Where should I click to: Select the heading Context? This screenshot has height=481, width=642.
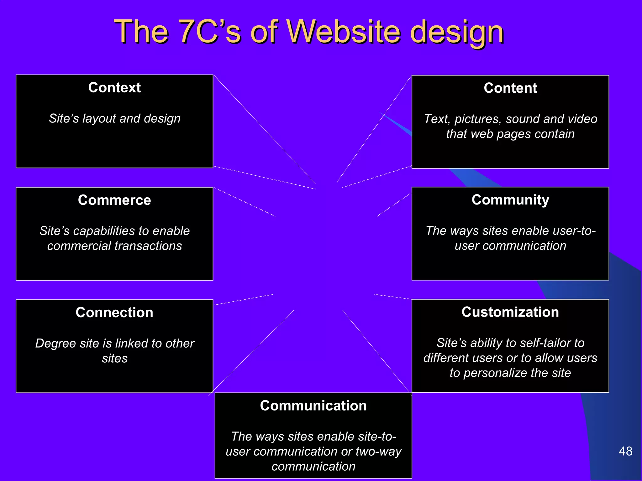pyautogui.click(x=114, y=87)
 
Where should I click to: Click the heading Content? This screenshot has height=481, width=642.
pyautogui.click(x=510, y=88)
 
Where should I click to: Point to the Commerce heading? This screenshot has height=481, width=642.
pyautogui.click(x=114, y=200)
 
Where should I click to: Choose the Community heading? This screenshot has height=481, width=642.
pyautogui.click(x=510, y=200)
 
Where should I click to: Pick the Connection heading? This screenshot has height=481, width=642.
pyautogui.click(x=114, y=313)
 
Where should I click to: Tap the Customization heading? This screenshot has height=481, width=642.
pyautogui.click(x=510, y=312)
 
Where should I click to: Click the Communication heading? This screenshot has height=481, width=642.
pyautogui.click(x=313, y=406)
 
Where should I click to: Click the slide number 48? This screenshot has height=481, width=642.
pyautogui.click(x=625, y=451)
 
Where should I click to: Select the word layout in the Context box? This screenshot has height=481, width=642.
pyautogui.click(x=99, y=119)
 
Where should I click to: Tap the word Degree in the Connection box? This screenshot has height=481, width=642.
pyautogui.click(x=55, y=344)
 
